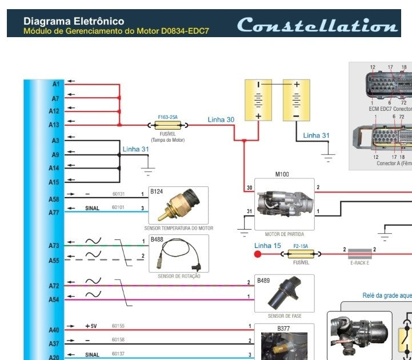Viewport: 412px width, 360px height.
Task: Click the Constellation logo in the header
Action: [317, 25]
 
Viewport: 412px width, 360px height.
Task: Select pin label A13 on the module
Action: [54, 125]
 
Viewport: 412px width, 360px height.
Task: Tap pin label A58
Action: [54, 199]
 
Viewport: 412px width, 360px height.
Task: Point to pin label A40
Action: [54, 330]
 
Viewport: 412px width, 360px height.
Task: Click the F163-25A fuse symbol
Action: [167, 124]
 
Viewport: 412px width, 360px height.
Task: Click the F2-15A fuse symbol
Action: [301, 253]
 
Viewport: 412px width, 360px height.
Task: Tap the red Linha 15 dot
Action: [258, 253]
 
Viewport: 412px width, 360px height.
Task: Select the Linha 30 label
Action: [221, 119]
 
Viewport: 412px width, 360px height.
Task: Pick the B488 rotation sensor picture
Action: [178, 252]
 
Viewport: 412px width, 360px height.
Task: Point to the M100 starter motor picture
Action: [284, 203]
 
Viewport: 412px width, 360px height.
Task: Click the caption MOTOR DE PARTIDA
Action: [285, 234]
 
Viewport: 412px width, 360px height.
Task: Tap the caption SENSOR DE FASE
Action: [285, 316]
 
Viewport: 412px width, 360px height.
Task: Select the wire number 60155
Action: [118, 326]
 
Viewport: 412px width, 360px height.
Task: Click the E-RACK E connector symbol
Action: [359, 253]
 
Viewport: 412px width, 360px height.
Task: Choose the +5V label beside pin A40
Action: [91, 326]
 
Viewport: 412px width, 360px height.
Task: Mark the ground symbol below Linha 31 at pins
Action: [148, 169]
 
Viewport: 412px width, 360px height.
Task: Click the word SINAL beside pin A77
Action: [92, 209]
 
